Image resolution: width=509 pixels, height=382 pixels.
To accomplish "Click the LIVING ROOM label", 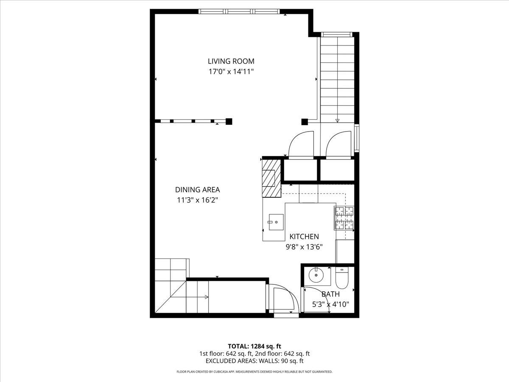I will point(231,61).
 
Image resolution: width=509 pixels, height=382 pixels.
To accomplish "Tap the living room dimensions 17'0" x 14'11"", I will point(231,72).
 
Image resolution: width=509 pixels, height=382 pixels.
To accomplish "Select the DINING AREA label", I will point(197,190).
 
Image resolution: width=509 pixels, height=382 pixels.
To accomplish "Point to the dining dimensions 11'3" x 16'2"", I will point(197,200).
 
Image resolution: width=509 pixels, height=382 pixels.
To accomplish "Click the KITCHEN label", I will point(304,236).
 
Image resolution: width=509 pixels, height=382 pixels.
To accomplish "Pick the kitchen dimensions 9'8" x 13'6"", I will point(304,247).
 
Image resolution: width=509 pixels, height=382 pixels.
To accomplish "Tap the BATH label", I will point(330,294).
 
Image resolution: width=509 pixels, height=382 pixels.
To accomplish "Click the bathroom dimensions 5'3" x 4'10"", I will point(330,304).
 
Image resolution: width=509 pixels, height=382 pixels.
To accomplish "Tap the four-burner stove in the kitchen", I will point(344,217).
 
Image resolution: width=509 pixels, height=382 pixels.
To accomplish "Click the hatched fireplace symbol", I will point(271,178).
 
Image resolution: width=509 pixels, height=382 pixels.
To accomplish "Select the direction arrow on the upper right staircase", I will point(337,120).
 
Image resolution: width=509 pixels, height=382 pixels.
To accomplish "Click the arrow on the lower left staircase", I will point(205,297).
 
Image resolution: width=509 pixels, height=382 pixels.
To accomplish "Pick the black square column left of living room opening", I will point(229,121).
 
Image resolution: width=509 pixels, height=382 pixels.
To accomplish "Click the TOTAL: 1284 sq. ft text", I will point(255,346).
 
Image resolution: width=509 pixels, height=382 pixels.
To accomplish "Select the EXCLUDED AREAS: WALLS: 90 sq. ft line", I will point(255,361).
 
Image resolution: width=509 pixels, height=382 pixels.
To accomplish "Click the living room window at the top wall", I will point(240,11).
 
